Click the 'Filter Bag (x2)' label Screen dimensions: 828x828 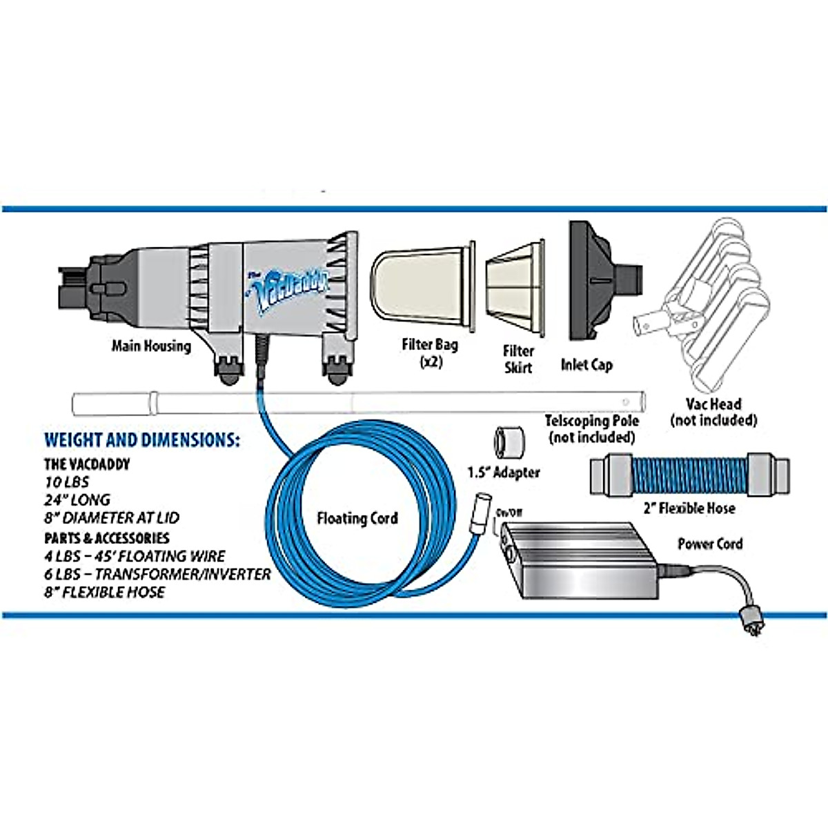tap(430, 352)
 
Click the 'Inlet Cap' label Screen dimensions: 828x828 tap(586, 364)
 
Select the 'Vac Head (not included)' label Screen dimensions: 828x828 tap(713, 412)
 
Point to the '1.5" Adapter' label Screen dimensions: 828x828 tap(504, 473)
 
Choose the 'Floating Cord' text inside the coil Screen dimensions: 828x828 tap(357, 517)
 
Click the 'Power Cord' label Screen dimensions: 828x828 tap(710, 544)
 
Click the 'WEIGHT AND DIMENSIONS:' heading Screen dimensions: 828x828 tap(142, 440)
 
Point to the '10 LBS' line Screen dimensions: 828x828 tap(67, 482)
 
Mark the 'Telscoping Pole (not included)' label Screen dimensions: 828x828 tap(591, 428)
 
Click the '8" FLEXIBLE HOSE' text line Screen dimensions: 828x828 tap(105, 592)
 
